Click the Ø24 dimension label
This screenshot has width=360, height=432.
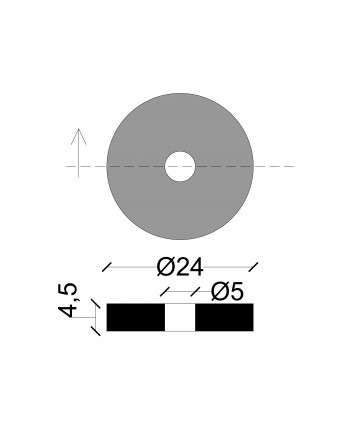pos(180,267)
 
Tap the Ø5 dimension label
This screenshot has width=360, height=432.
pos(228,292)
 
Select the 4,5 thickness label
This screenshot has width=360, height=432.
pos(68,300)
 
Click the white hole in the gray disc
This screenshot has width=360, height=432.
pos(180,167)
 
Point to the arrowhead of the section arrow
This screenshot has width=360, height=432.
pos(79,136)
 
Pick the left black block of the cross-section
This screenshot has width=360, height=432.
pos(136,317)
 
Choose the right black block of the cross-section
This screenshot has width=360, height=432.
pos(224,317)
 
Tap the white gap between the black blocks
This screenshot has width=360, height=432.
pos(180,317)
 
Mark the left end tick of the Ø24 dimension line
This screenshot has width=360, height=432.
pos(107,267)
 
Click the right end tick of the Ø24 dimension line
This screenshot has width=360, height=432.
pos(253,267)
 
